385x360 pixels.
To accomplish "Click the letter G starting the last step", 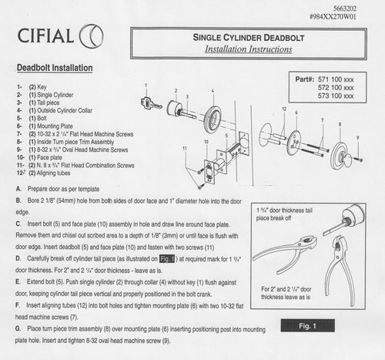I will click(x=18, y=328).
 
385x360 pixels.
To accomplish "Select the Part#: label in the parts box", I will click(x=310, y=79).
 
